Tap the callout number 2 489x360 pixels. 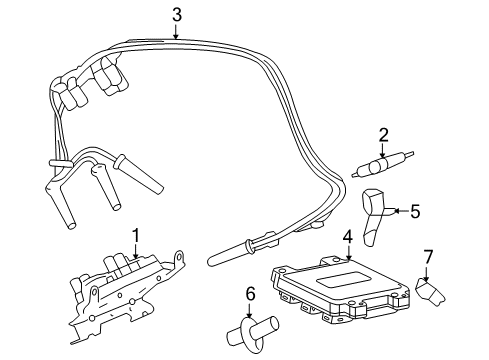tap(383, 135)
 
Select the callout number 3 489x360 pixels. tap(176, 14)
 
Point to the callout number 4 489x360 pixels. tap(347, 237)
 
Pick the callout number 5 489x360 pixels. tap(415, 211)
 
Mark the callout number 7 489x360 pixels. tap(427, 258)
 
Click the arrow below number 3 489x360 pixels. tap(176, 32)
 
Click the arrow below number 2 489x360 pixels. tap(383, 152)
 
